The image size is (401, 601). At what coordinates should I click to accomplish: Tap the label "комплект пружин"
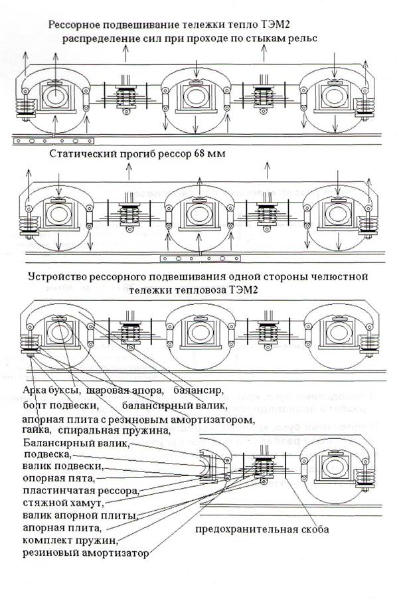coord(69,541)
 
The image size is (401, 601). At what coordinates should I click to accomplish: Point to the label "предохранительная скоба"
coord(262,530)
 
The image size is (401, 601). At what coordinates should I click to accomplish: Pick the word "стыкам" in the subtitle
coord(244,39)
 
